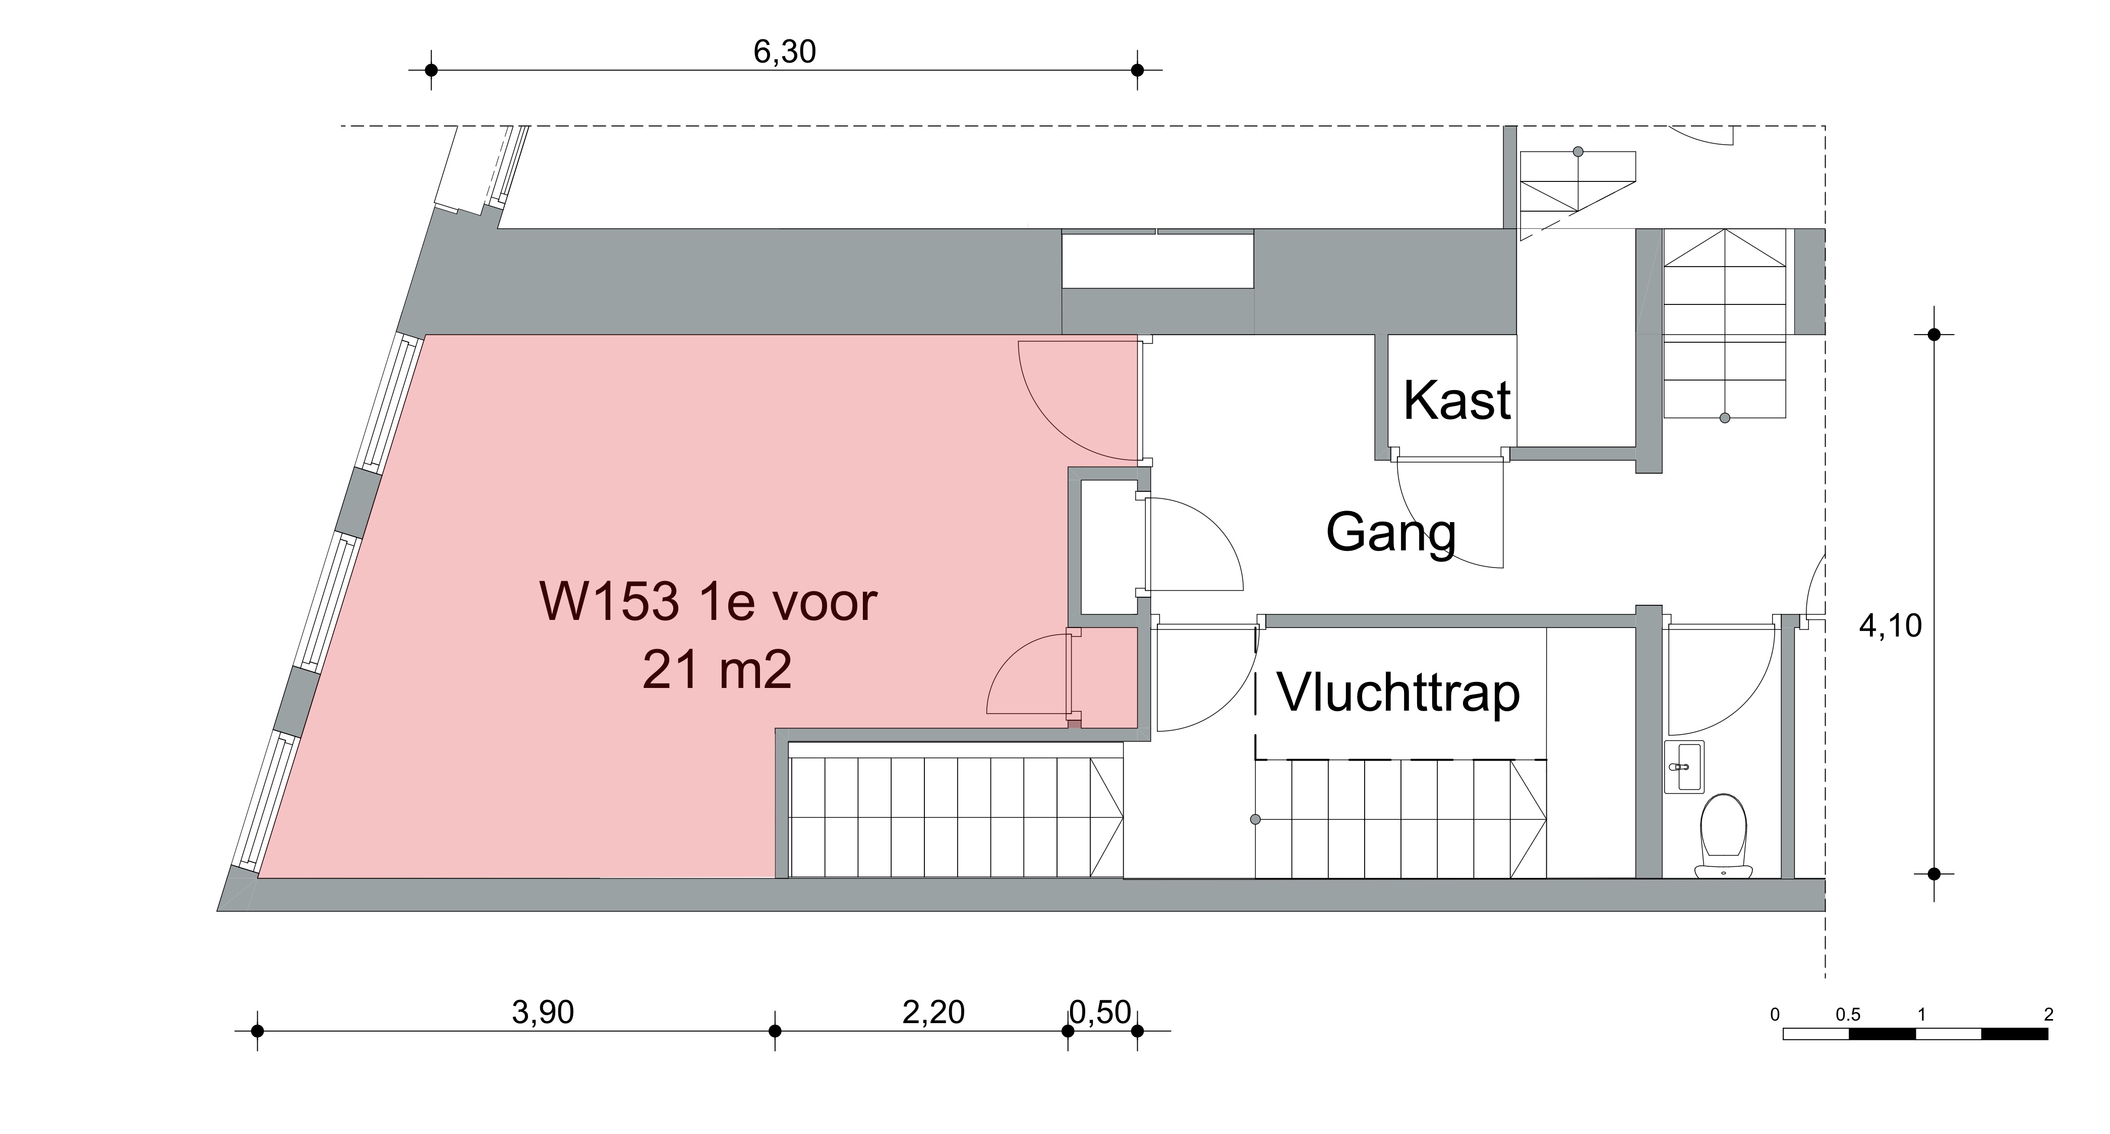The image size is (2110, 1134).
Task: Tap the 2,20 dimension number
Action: pyautogui.click(x=934, y=1013)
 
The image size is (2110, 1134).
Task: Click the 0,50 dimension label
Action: pyautogui.click(x=1101, y=1013)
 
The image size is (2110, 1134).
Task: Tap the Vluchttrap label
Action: pyautogui.click(x=1399, y=692)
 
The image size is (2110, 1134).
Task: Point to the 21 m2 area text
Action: pyautogui.click(x=718, y=671)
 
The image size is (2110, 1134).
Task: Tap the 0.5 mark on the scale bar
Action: pyautogui.click(x=1848, y=1015)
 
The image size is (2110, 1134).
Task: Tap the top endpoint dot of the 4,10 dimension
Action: pyautogui.click(x=1935, y=334)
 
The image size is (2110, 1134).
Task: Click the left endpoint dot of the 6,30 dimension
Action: pyautogui.click(x=432, y=71)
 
